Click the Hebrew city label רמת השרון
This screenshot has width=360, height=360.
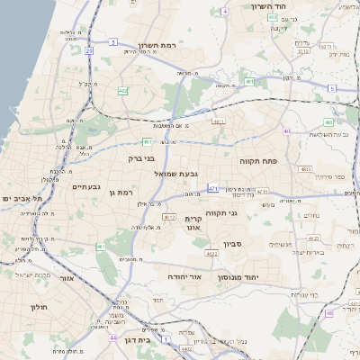click(161, 44)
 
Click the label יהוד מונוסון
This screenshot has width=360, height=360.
click(238, 277)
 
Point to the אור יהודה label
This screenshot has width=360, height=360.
click(185, 277)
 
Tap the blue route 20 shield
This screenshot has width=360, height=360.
click(89, 51)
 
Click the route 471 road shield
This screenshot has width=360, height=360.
click(212, 188)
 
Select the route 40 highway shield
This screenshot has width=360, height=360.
click(286, 131)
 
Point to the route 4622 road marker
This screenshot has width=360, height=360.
click(211, 254)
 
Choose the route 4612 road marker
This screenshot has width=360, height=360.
click(168, 217)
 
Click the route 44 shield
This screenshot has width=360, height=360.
click(113, 337)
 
